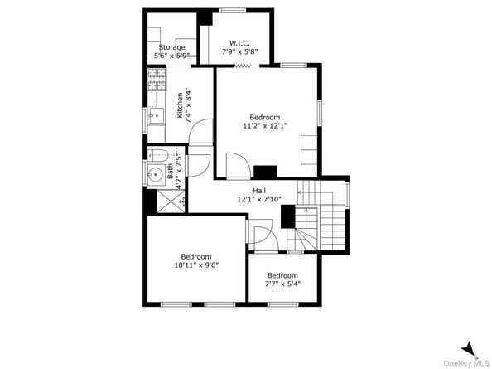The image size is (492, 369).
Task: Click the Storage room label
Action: (x=171, y=47)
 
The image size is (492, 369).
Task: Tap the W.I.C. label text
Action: (x=239, y=43)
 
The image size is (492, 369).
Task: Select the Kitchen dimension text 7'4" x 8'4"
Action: (x=188, y=106)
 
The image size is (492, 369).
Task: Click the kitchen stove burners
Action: (x=157, y=80)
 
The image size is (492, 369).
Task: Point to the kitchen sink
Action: (x=157, y=115)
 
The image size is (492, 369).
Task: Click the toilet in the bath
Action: (x=159, y=155)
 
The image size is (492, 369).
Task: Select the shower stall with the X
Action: (x=171, y=201)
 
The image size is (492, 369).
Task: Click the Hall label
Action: (x=259, y=191)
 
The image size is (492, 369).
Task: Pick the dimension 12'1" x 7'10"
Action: (x=259, y=199)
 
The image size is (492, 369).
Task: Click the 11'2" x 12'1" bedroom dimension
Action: (x=265, y=126)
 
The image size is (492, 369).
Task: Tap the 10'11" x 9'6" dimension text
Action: (x=196, y=265)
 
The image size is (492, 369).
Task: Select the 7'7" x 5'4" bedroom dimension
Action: (x=282, y=284)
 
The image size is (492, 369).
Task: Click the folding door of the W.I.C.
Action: (x=244, y=66)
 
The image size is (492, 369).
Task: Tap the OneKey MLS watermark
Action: (x=467, y=364)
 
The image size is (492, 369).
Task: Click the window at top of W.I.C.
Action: (x=233, y=10)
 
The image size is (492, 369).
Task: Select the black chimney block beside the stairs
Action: (x=287, y=216)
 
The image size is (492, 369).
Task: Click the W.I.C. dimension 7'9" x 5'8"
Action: (x=239, y=51)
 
